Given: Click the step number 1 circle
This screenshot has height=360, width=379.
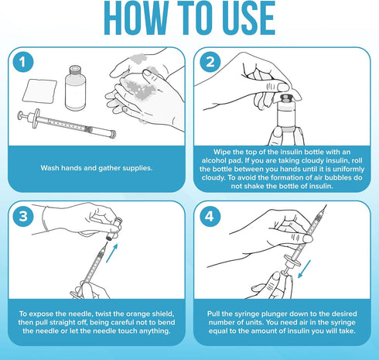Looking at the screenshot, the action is point(23,62).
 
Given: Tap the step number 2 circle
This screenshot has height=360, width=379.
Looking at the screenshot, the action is point(210,62).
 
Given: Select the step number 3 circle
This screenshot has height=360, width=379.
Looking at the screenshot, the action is point(23,216).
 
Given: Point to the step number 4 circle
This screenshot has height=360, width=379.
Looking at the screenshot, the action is point(210,216).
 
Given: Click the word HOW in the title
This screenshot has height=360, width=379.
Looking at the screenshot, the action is point(136,18).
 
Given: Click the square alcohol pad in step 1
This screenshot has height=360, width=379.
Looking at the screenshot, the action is point(39,91).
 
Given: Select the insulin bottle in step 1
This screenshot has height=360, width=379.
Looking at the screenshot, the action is point(75,88).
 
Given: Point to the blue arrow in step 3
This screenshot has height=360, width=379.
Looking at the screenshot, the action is point(112,253).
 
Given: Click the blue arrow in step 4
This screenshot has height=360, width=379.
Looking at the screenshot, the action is point(304,269).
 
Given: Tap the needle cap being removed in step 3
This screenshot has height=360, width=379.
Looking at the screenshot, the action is point(114,229).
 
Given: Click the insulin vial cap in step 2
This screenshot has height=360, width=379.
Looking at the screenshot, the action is point(285,98).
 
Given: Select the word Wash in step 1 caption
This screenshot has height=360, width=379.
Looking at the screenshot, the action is point(49,168).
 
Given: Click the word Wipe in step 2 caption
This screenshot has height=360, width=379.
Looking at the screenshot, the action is point(222,152).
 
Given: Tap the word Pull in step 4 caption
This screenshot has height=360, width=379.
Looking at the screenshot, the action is point(213,314).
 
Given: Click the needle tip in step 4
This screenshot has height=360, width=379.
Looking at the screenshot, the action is point(326,206).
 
